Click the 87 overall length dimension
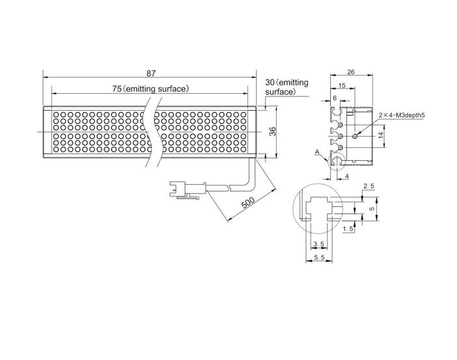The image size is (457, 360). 151,73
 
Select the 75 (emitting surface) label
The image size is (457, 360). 150,89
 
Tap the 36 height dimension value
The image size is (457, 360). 273,132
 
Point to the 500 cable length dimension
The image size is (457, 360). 248,202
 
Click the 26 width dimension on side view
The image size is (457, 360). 351,72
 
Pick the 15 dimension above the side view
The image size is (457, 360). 342,85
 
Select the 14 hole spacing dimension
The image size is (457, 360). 381,135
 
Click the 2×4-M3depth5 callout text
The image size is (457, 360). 402,115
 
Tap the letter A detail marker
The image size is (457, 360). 318,152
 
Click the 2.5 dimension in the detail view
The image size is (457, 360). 368,186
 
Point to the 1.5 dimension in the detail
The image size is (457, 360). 348,229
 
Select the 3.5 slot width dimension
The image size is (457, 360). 318,243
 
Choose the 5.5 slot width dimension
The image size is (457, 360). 319,257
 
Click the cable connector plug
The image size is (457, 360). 187,189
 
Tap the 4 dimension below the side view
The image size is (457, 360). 347,176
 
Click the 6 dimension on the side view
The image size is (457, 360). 335,98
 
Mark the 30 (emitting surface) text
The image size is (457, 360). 286,87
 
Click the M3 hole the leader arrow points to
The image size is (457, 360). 355,136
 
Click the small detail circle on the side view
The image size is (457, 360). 337,154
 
